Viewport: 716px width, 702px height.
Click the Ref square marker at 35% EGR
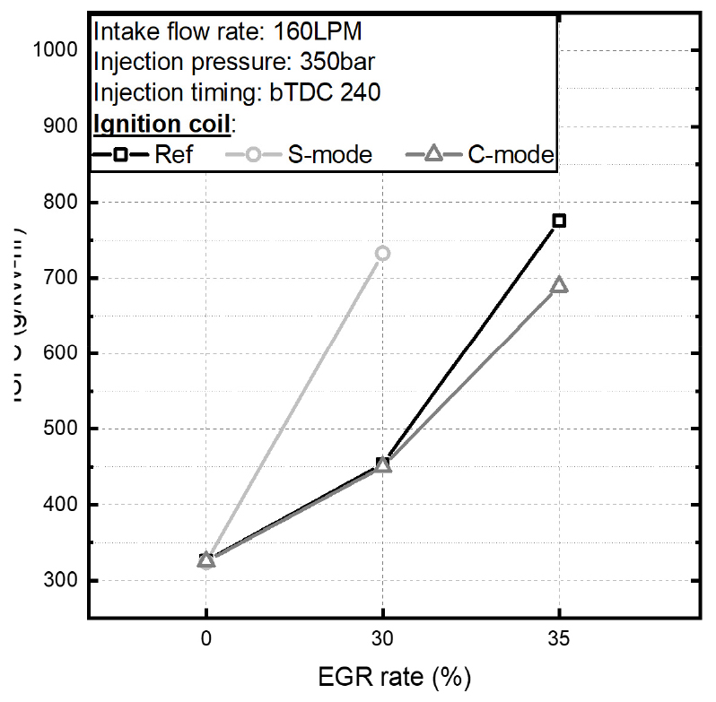pyautogui.click(x=559, y=221)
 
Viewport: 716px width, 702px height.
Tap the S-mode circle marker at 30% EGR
pyautogui.click(x=382, y=254)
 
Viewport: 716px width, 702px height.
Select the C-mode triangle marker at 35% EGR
pyautogui.click(x=559, y=285)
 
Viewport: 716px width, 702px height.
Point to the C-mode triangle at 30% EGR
pyautogui.click(x=383, y=464)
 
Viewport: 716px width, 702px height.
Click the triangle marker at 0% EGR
pyautogui.click(x=206, y=559)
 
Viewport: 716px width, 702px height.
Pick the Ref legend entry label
pyautogui.click(x=174, y=154)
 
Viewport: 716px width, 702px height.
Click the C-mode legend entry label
pyautogui.click(x=511, y=154)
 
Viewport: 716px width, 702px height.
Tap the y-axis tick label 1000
pyautogui.click(x=56, y=50)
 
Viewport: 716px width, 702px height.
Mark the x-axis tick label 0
pyautogui.click(x=206, y=641)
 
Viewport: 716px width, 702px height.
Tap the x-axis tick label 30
pyautogui.click(x=383, y=641)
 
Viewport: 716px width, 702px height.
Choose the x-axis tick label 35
pyautogui.click(x=559, y=641)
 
